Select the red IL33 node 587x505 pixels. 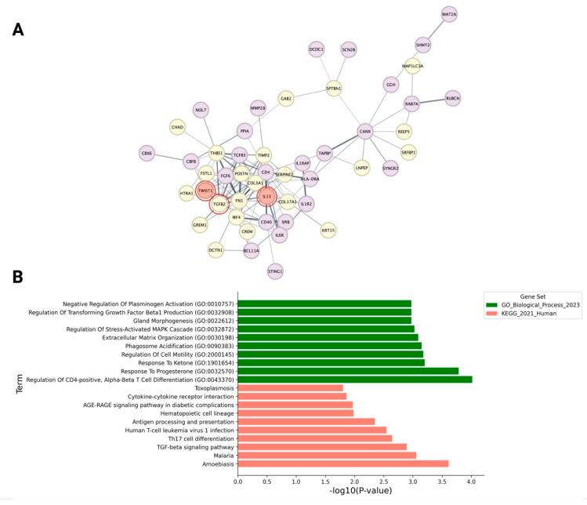(x=266, y=196)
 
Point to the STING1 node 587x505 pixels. (x=275, y=271)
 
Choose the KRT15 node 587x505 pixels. (x=328, y=231)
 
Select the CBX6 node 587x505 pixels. (x=147, y=153)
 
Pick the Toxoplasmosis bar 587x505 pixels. (x=290, y=387)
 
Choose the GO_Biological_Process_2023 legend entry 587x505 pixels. (x=545, y=304)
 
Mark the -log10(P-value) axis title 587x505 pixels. (x=361, y=493)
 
